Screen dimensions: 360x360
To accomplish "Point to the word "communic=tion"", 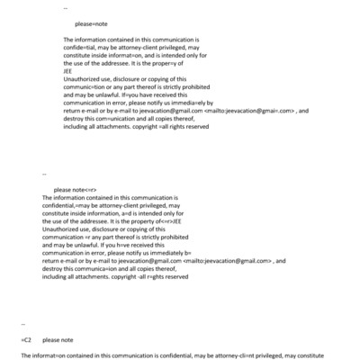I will tap(87, 87).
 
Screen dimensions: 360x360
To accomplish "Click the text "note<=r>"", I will tap(82, 190).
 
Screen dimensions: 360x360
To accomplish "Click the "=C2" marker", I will tap(26, 340).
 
